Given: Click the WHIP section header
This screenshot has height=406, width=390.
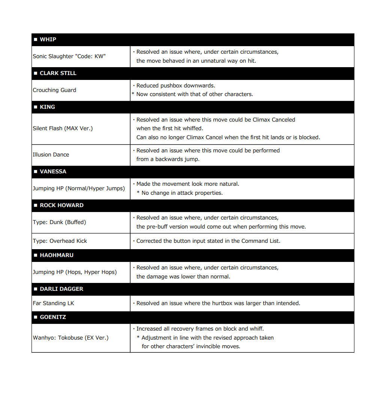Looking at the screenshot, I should [48, 39].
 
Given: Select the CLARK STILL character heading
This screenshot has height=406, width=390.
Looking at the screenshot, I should [58, 73].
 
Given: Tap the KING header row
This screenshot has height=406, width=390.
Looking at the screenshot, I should [47, 107].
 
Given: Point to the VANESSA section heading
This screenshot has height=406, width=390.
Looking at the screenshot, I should [53, 171].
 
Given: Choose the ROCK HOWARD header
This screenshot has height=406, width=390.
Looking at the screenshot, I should [61, 205].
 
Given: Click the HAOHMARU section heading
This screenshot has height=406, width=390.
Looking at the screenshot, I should [57, 255].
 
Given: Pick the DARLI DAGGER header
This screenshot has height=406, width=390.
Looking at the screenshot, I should [61, 289].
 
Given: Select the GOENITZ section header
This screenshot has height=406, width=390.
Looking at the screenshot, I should [52, 317].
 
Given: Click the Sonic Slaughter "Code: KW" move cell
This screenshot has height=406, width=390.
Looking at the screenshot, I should [69, 56].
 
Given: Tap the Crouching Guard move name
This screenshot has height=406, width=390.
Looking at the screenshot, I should [54, 90].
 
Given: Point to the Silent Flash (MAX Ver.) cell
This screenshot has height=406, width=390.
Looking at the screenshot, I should [63, 128].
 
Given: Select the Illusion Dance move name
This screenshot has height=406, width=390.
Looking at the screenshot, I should [51, 155].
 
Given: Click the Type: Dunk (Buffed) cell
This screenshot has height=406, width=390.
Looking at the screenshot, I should [59, 222].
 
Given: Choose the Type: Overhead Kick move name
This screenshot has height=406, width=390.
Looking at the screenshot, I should [60, 241].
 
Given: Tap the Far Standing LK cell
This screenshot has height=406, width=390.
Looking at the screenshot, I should [54, 303].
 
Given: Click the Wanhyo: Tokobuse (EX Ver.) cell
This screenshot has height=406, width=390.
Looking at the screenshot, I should [70, 338].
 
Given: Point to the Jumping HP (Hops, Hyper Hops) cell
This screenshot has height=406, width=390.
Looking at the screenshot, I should [75, 272].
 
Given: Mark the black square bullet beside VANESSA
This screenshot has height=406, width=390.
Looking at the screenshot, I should [36, 171].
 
